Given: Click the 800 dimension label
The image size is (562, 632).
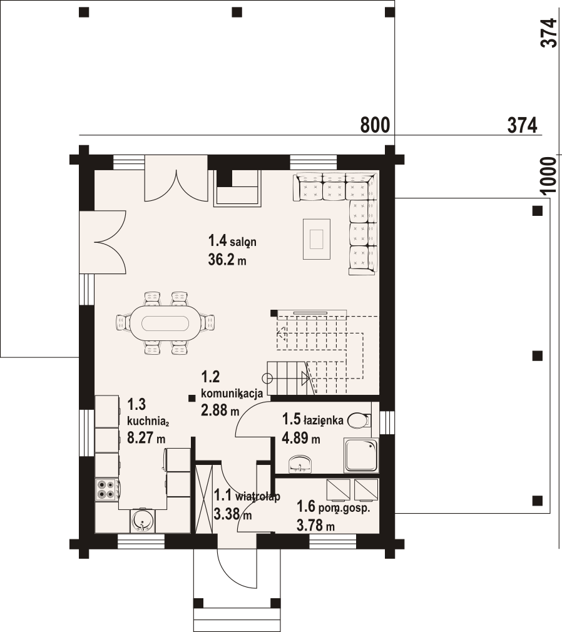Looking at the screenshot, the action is pyautogui.click(x=375, y=125).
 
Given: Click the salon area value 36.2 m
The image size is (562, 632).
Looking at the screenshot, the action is pyautogui.click(x=227, y=260).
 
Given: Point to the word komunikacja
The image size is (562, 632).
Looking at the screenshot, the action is pyautogui.click(x=232, y=394).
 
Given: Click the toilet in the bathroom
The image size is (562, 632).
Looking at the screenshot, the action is pyautogui.click(x=358, y=420).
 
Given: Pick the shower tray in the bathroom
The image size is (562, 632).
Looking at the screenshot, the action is pyautogui.click(x=361, y=456).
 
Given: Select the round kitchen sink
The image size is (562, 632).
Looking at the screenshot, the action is pyautogui.click(x=142, y=521).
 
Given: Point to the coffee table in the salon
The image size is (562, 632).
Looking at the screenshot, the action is pyautogui.click(x=317, y=239).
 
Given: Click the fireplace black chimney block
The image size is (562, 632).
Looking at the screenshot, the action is pyautogui.click(x=225, y=178).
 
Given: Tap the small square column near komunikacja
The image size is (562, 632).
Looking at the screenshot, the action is pyautogui.click(x=192, y=398).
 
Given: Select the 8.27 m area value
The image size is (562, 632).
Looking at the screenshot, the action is pyautogui.click(x=146, y=438).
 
